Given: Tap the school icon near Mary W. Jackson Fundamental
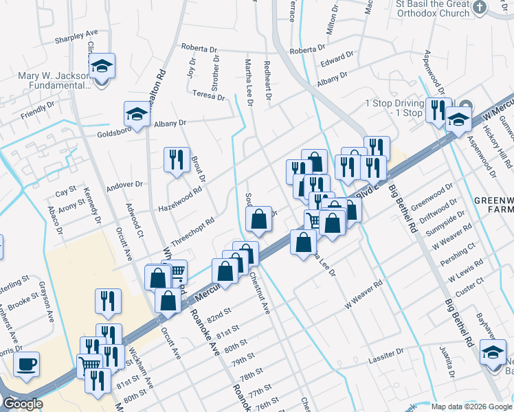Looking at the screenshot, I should (x=102, y=67).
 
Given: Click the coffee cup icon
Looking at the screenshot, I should (x=26, y=365).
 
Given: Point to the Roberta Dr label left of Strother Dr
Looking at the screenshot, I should (x=199, y=49).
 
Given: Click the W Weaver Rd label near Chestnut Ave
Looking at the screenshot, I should (x=364, y=294).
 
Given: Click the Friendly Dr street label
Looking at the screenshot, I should (x=37, y=111).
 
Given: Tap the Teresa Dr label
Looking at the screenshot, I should (x=210, y=94).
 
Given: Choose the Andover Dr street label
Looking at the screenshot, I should (x=124, y=185).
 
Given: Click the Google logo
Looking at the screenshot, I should (x=23, y=404).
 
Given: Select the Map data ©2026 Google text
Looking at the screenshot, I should (x=471, y=406).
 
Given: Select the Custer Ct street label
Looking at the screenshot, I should (x=471, y=287).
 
